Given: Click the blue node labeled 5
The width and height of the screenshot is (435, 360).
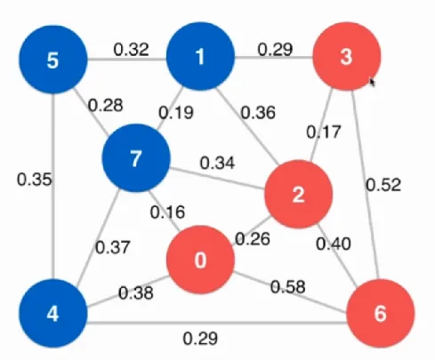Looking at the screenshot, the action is [x=53, y=60].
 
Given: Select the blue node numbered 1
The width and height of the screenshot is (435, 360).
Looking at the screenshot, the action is [x=200, y=56].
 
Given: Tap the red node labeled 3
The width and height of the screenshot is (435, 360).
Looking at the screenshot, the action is [x=347, y=56].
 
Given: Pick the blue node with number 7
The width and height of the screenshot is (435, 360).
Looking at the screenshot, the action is [x=136, y=158].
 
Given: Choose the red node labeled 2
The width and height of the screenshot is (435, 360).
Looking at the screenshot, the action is [x=298, y=195].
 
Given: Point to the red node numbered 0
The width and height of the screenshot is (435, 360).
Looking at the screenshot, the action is [x=200, y=260].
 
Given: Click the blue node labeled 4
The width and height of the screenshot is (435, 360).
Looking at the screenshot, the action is [x=53, y=314].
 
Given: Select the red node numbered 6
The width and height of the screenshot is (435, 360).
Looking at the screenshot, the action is [x=381, y=313].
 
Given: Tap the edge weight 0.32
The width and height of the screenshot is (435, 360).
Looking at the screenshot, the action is [x=131, y=50].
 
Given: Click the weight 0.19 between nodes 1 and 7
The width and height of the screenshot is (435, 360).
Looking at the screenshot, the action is [x=176, y=113].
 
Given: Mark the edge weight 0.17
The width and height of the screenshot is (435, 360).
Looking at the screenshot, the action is [x=324, y=132].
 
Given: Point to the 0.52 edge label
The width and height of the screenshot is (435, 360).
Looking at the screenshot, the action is [x=383, y=185].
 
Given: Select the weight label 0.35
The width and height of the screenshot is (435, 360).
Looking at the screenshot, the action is [x=35, y=180].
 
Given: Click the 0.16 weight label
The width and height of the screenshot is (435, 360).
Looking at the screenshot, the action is [x=167, y=212].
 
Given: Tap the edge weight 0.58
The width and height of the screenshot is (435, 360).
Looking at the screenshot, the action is [x=288, y=287].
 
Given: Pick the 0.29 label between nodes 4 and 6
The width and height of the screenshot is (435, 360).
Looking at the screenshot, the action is [x=200, y=339].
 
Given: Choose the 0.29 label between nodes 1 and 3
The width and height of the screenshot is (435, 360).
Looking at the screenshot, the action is [x=275, y=50].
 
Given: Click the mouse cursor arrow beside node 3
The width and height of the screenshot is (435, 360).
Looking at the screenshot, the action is [x=372, y=82].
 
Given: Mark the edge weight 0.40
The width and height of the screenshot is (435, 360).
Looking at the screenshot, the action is [x=334, y=244].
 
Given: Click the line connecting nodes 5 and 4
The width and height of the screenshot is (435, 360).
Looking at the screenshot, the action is [x=53, y=187].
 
